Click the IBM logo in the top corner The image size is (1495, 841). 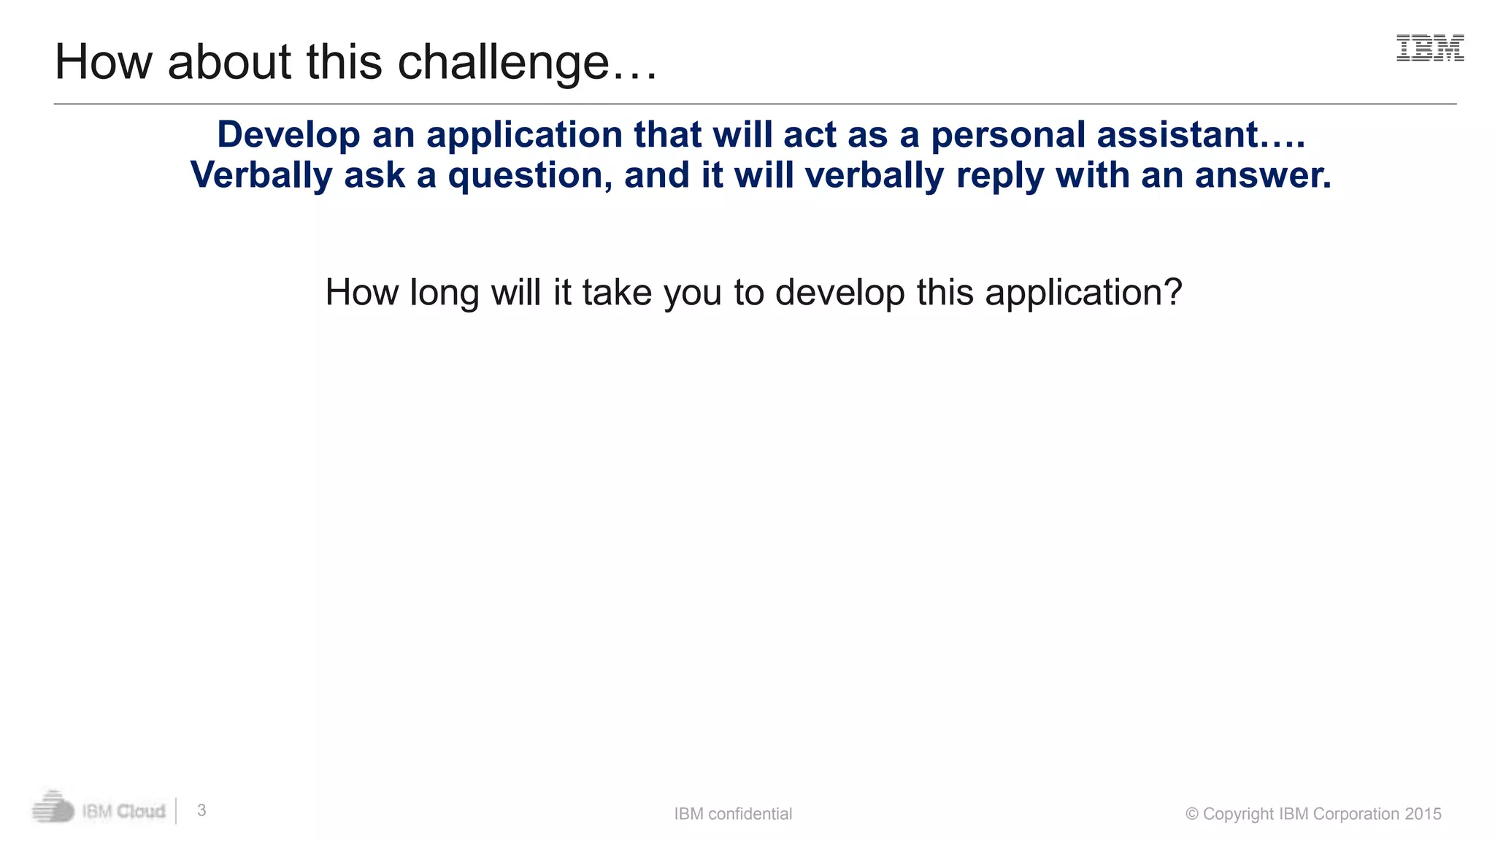coord(1429,48)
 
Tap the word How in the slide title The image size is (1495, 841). coord(103,61)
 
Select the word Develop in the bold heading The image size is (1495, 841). coord(289,135)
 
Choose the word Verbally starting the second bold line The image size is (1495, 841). coord(261,175)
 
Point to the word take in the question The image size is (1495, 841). coord(617,293)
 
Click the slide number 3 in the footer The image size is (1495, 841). coord(202,810)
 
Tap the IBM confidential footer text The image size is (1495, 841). coord(733,814)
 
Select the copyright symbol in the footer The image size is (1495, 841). coord(1192,814)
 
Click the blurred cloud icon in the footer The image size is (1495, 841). coord(53,808)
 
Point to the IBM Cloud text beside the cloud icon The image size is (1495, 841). coord(123,811)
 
